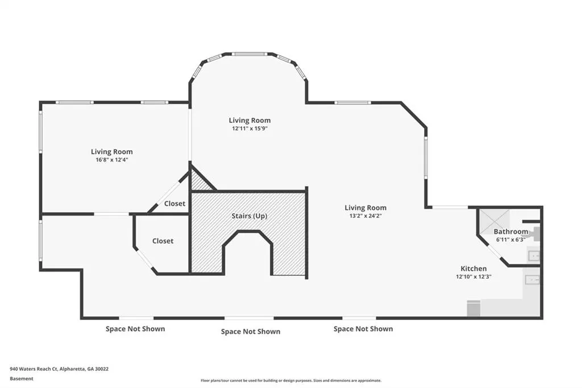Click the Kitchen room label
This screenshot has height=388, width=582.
(x=473, y=269)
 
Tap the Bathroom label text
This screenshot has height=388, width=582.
(x=511, y=232)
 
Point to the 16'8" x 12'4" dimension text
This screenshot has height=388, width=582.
(x=112, y=160)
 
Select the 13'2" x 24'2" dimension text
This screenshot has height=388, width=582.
(x=365, y=216)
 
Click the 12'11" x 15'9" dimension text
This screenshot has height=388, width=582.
(x=250, y=129)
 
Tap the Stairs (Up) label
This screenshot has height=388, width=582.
(x=250, y=216)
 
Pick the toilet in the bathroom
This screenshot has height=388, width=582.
(x=535, y=233)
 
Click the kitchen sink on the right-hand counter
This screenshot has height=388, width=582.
(x=532, y=279)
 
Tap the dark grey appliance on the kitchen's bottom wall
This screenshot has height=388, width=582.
(x=473, y=308)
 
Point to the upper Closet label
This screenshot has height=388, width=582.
(x=174, y=204)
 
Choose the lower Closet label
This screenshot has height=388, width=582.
(x=163, y=241)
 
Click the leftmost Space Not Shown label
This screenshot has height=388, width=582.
(x=135, y=329)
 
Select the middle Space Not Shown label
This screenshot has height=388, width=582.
(x=251, y=332)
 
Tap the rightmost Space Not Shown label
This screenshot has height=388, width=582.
(x=363, y=329)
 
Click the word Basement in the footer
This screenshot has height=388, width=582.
(x=22, y=379)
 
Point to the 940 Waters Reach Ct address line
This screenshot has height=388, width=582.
(x=59, y=369)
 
